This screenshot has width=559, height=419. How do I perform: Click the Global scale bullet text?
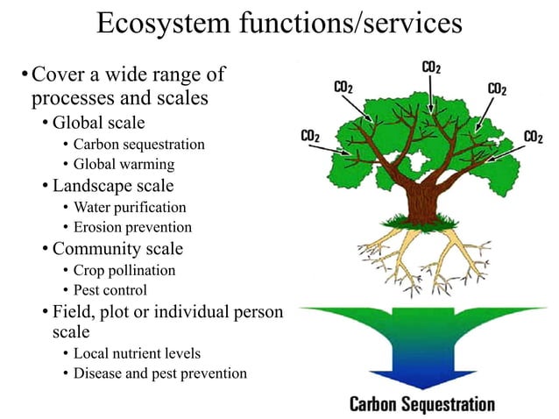pyautogui.click(x=98, y=122)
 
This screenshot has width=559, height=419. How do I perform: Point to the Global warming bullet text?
pyautogui.click(x=124, y=164)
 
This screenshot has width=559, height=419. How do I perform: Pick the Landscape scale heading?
pyautogui.click(x=113, y=186)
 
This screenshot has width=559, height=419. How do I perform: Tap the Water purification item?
pyautogui.click(x=130, y=208)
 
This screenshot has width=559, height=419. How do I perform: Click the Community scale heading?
pyautogui.click(x=117, y=249)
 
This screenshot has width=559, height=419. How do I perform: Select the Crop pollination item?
pyautogui.click(x=124, y=270)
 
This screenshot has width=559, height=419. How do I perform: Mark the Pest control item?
pyautogui.click(x=110, y=290)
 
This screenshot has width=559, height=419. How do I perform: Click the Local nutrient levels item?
pyautogui.click(x=137, y=353)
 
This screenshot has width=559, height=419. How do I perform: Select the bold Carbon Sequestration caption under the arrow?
pyautogui.click(x=422, y=404)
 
